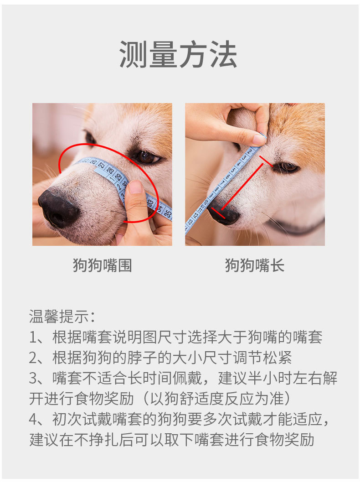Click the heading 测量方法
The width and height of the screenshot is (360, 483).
click(178, 55)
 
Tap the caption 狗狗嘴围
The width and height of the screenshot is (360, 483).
click(103, 265)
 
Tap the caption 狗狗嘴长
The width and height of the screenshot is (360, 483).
click(255, 265)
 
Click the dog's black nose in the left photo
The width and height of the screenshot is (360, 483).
click(57, 209)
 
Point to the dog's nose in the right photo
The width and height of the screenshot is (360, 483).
click(223, 213)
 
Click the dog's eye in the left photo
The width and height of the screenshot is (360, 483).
click(146, 157)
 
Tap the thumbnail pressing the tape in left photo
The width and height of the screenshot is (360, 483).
click(136, 187)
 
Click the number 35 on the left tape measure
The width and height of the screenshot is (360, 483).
click(168, 213)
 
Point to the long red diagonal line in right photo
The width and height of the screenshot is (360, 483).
click(242, 187)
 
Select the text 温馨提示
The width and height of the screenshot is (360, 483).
click(58, 317)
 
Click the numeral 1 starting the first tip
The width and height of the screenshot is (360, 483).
click(33, 338)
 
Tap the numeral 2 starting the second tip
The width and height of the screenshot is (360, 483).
click(33, 358)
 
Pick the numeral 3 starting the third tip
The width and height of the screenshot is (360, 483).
click(33, 378)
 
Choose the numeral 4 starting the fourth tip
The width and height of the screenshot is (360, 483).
click(33, 419)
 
